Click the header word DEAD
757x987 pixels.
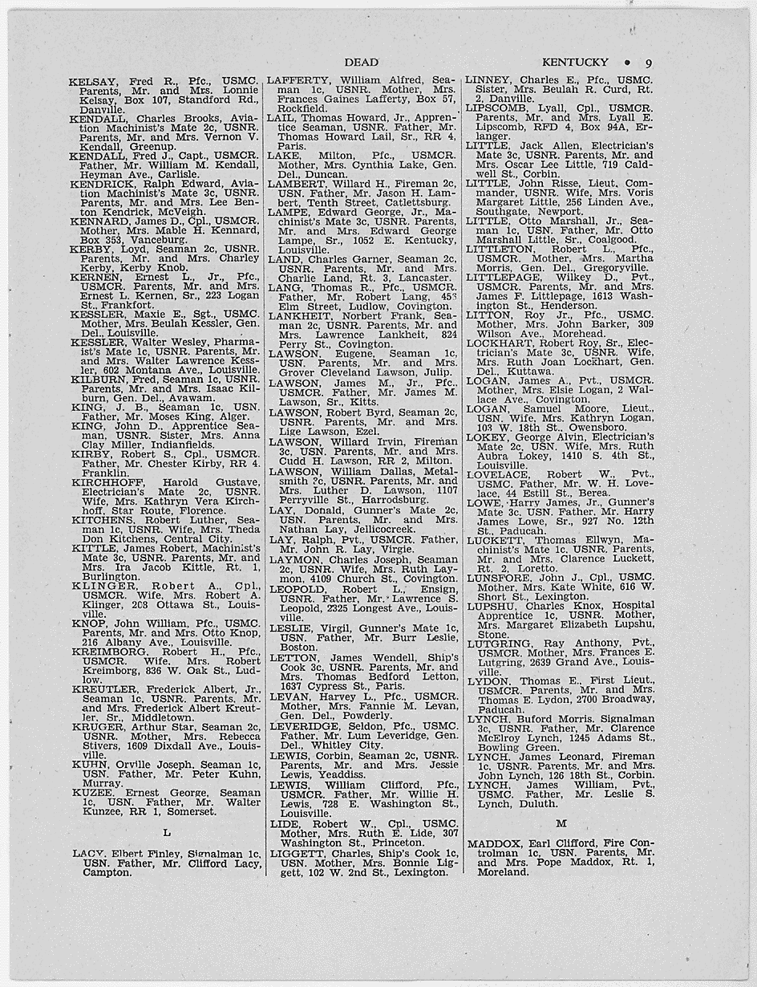[362, 62]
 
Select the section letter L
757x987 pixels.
[166, 832]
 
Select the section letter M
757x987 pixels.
[561, 822]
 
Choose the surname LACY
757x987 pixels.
[88, 853]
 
